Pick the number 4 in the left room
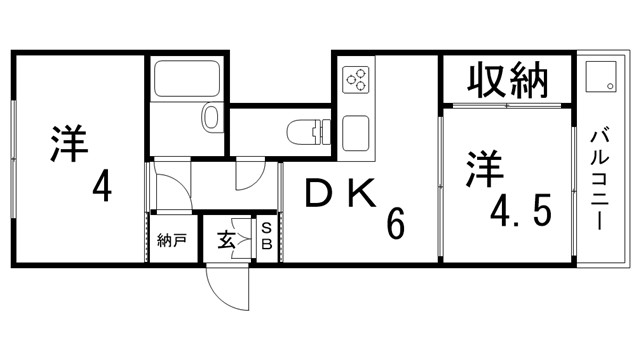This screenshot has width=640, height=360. pyautogui.click(x=102, y=186)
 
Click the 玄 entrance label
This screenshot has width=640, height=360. pyautogui.click(x=227, y=240)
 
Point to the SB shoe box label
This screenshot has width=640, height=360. pyautogui.click(x=267, y=240)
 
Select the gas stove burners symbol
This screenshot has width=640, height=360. pyautogui.click(x=357, y=79)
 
